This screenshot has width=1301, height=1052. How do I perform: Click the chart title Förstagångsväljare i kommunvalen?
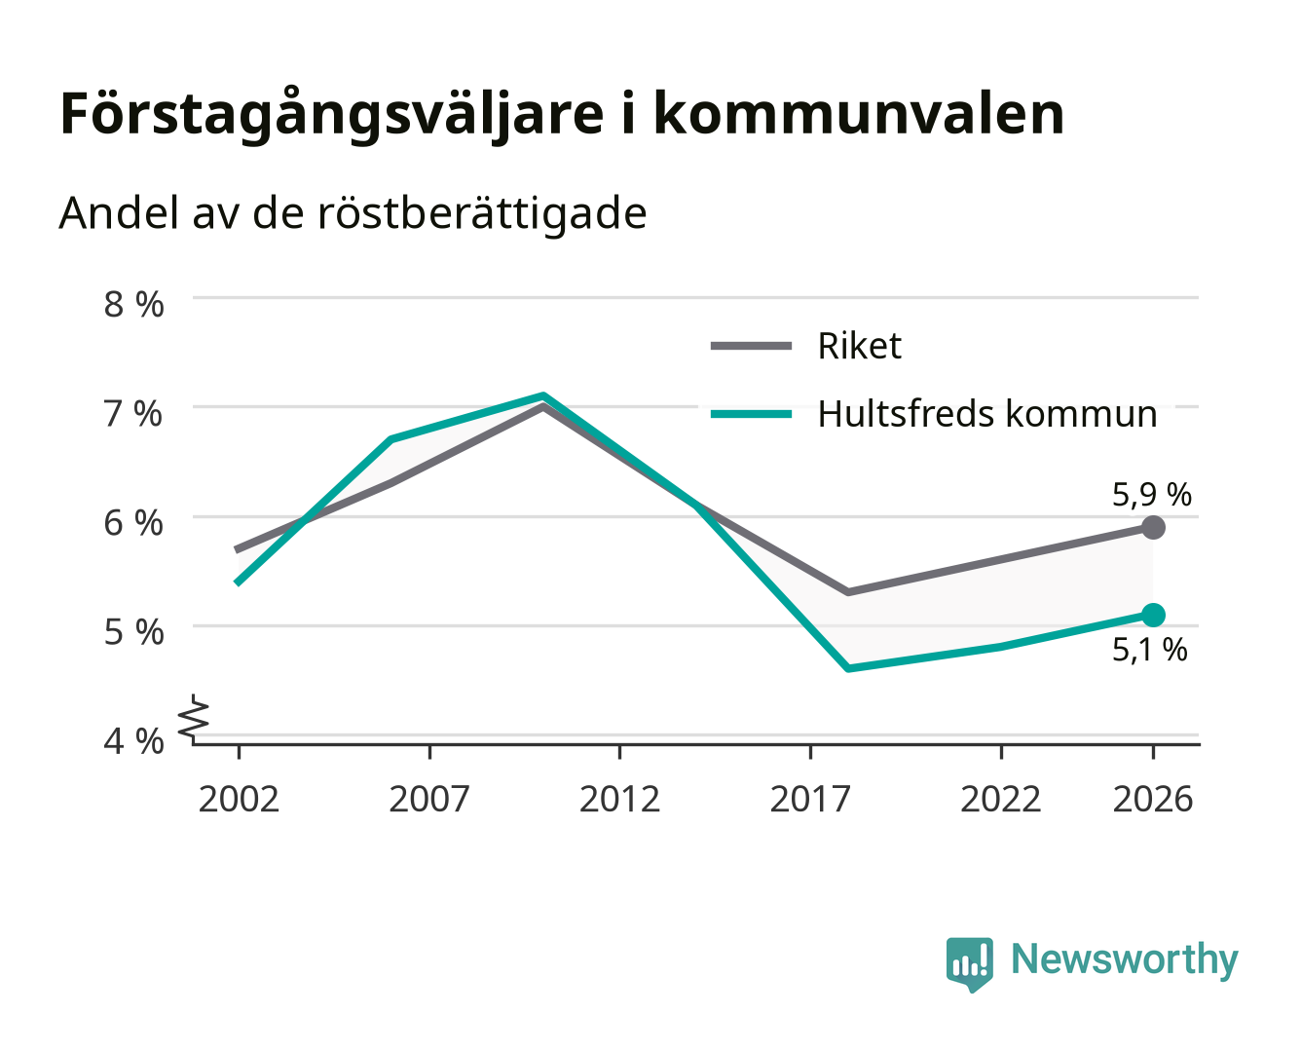tap(562, 115)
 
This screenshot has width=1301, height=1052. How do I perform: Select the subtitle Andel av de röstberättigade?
tap(353, 214)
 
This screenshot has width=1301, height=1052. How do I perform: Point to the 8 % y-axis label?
tap(133, 304)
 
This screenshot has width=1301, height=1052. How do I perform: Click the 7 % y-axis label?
tap(133, 414)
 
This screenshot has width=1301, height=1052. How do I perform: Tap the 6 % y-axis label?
tap(133, 523)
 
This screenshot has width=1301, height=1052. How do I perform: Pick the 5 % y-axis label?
tap(133, 632)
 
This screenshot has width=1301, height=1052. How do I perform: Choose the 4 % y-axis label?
tap(133, 741)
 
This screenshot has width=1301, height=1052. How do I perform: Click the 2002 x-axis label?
tap(239, 799)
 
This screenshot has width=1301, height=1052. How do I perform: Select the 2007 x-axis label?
tap(429, 799)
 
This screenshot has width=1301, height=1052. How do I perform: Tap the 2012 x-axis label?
tap(620, 799)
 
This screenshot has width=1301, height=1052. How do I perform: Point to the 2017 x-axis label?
tap(810, 799)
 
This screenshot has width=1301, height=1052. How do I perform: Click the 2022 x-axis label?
tap(1001, 799)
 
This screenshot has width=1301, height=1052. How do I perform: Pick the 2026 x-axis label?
tap(1153, 799)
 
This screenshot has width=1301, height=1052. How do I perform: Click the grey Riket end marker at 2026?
tap(1153, 527)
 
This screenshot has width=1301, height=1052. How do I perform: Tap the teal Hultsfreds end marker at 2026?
tap(1153, 615)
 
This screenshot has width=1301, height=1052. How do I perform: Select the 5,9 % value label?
tap(1152, 494)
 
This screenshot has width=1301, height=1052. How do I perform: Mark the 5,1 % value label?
tap(1150, 650)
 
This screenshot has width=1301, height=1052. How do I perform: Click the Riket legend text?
tap(860, 347)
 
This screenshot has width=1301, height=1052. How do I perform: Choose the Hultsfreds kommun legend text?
tap(987, 414)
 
